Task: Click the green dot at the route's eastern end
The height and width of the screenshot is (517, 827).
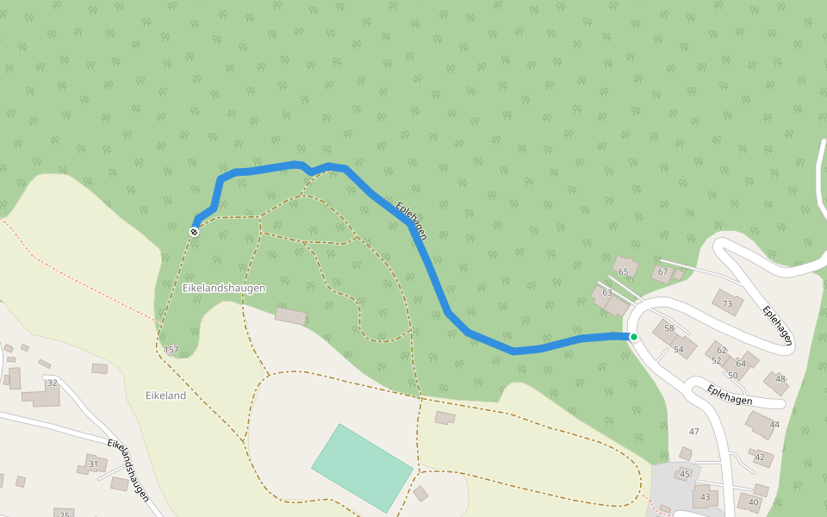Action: [x=634, y=337]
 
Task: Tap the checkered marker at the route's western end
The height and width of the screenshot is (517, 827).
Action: [x=195, y=231]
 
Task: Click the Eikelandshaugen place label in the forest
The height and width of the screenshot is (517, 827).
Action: [x=224, y=288]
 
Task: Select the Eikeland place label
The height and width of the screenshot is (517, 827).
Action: [x=165, y=396]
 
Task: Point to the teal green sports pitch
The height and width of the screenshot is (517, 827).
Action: [x=362, y=468]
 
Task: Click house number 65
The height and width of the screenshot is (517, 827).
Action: [x=624, y=271]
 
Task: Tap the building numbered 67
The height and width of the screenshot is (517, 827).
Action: [x=662, y=272]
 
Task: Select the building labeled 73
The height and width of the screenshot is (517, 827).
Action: [x=727, y=302]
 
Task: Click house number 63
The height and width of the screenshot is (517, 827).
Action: [x=607, y=293]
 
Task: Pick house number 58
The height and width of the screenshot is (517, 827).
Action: [x=668, y=328]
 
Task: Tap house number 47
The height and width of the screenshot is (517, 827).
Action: [x=693, y=431]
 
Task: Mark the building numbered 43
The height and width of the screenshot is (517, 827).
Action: [x=706, y=496]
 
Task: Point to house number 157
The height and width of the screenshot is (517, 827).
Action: [x=171, y=349]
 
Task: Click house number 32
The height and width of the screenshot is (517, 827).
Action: [x=52, y=383]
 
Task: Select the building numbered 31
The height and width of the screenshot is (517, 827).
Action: [x=93, y=464]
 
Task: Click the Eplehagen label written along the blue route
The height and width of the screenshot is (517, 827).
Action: [x=411, y=221]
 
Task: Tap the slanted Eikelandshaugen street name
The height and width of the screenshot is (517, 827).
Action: [x=128, y=469]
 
